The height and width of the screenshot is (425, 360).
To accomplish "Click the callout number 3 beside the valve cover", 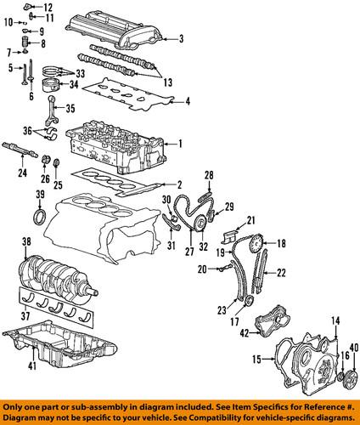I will [180, 38].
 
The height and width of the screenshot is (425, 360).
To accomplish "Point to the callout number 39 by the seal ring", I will [39, 197].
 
